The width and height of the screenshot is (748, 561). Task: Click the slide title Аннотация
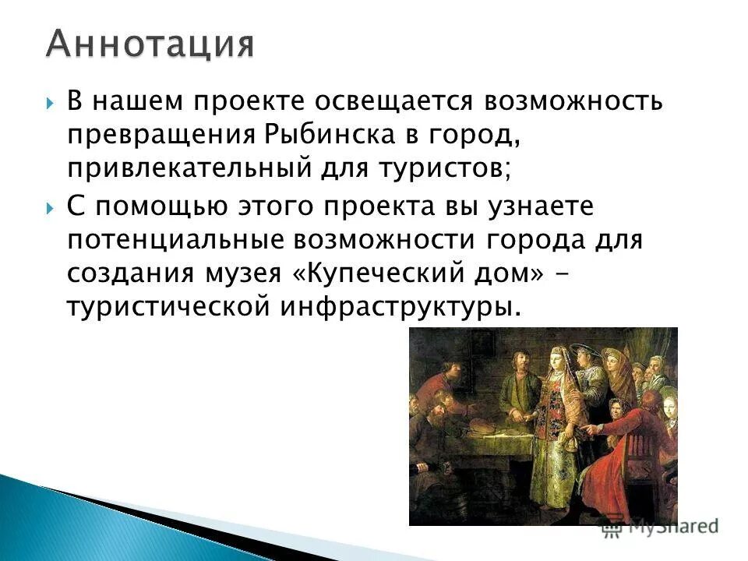(150, 44)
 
